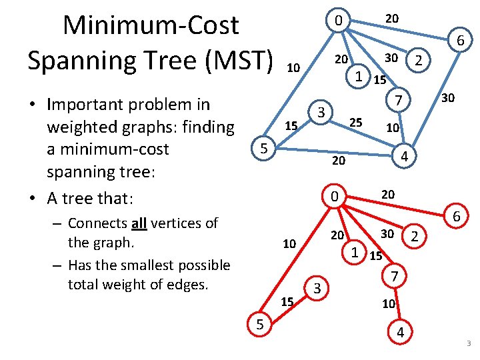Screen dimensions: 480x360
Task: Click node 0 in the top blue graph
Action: (x=339, y=21)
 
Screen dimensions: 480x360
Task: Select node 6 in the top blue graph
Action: (x=460, y=42)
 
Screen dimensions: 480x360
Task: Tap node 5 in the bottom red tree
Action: (x=259, y=325)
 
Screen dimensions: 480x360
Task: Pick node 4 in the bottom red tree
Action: (x=401, y=332)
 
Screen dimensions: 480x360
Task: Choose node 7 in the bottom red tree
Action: (x=394, y=275)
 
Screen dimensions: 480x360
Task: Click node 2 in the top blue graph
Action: (x=418, y=60)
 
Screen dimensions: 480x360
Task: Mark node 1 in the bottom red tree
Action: (x=355, y=253)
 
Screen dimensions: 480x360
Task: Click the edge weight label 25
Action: (x=356, y=123)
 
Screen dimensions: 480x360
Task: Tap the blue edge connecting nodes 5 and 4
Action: (x=333, y=153)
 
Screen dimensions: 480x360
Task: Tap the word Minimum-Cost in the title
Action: (x=150, y=25)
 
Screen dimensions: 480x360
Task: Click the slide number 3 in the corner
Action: (x=468, y=344)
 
